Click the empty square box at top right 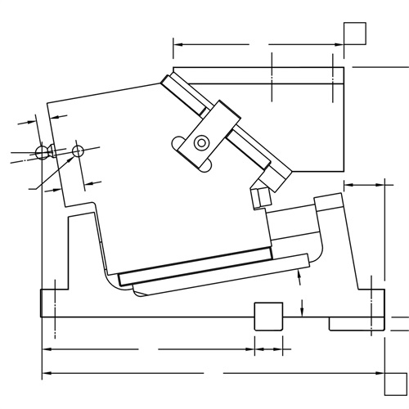(x=355, y=35)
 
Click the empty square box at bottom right (x=396, y=383)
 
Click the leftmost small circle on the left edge (x=43, y=152)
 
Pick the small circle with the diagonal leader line (x=78, y=151)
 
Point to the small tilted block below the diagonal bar (x=262, y=197)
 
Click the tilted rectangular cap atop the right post (x=329, y=201)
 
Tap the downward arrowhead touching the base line (x=303, y=312)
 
